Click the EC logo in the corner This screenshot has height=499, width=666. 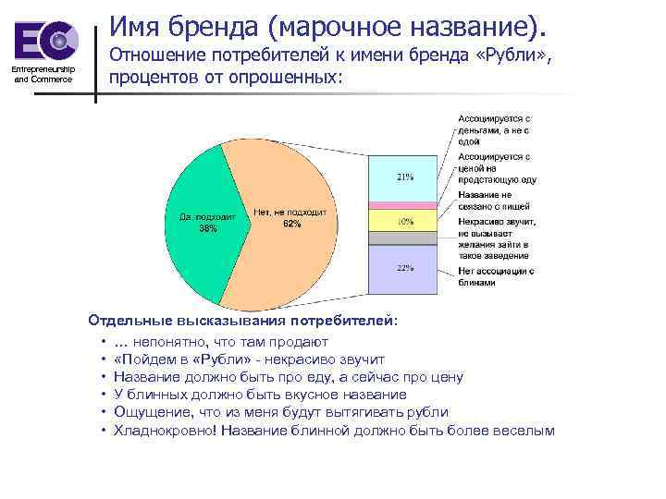(45, 40)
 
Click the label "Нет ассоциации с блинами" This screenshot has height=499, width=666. (496, 276)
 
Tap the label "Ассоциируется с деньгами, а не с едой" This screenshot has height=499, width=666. (495, 130)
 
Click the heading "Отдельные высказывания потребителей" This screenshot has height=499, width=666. (244, 321)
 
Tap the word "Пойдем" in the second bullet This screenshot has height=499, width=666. (145, 359)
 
